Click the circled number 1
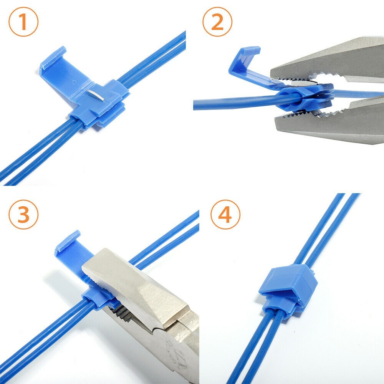(23, 23)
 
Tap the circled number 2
(217, 23)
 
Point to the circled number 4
(225, 215)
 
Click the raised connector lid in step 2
(246, 61)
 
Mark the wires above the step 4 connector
(326, 230)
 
